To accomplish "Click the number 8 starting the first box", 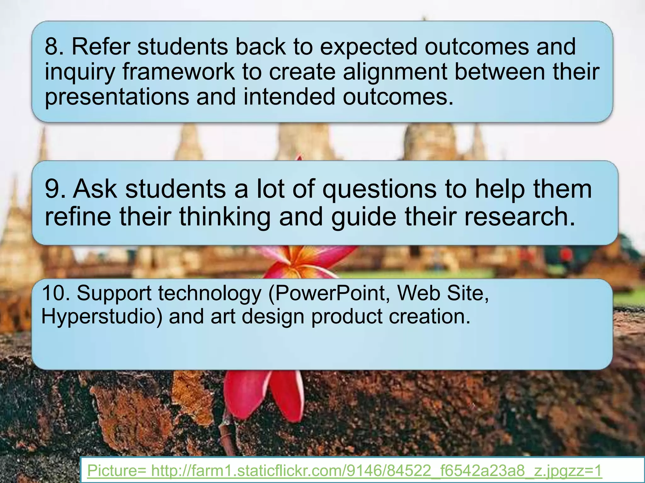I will point(51,47).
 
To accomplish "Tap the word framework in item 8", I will point(179,72).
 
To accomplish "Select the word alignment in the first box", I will point(395,72).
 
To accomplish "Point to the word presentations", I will point(117,97).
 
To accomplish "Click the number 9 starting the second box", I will point(52,189).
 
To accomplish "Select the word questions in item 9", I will point(379,190).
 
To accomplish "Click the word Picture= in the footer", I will point(117,471).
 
